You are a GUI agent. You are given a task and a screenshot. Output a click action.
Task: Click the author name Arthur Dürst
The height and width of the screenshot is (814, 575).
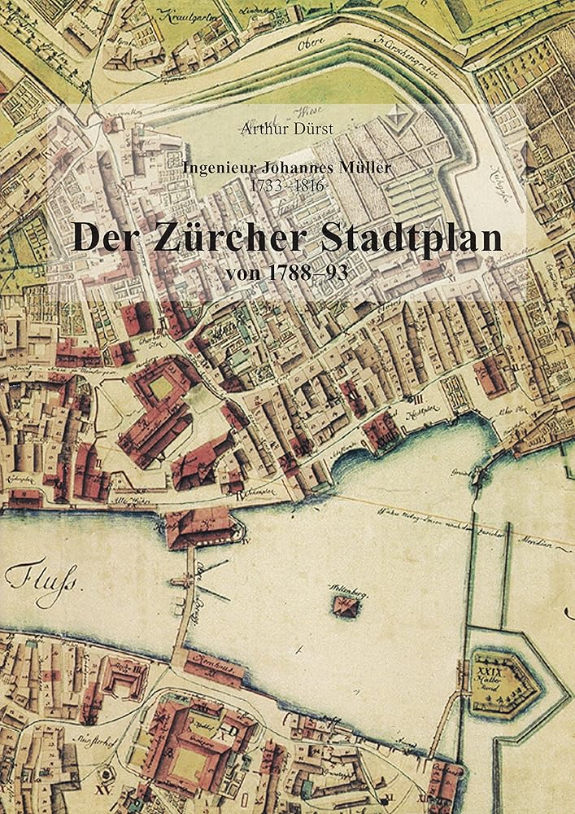(x=287, y=128)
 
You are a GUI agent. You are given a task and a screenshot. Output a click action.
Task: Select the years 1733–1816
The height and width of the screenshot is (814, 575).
(x=287, y=186)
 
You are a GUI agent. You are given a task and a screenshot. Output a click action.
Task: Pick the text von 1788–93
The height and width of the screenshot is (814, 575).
(x=287, y=272)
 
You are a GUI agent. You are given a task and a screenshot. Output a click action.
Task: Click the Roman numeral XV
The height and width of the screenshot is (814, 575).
(x=102, y=789)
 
